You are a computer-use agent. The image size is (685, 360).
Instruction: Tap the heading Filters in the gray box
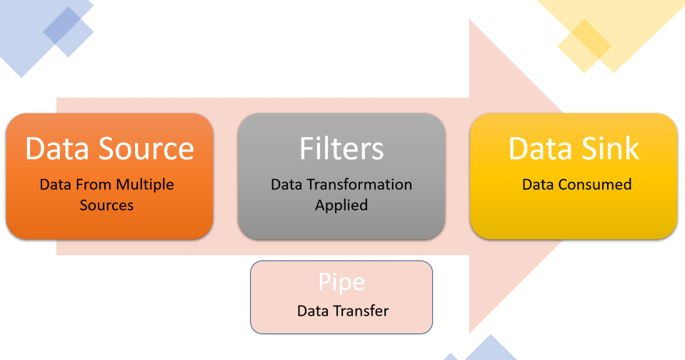coord(341,148)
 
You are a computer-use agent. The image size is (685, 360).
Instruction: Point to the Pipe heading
coord(341,282)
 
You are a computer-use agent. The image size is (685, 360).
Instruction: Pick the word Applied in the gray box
coord(341,205)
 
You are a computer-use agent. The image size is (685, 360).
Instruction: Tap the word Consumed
coord(596,184)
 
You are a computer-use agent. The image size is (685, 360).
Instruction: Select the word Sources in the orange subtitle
coord(107,205)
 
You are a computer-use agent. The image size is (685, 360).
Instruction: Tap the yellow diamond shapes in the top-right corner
coord(607,32)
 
